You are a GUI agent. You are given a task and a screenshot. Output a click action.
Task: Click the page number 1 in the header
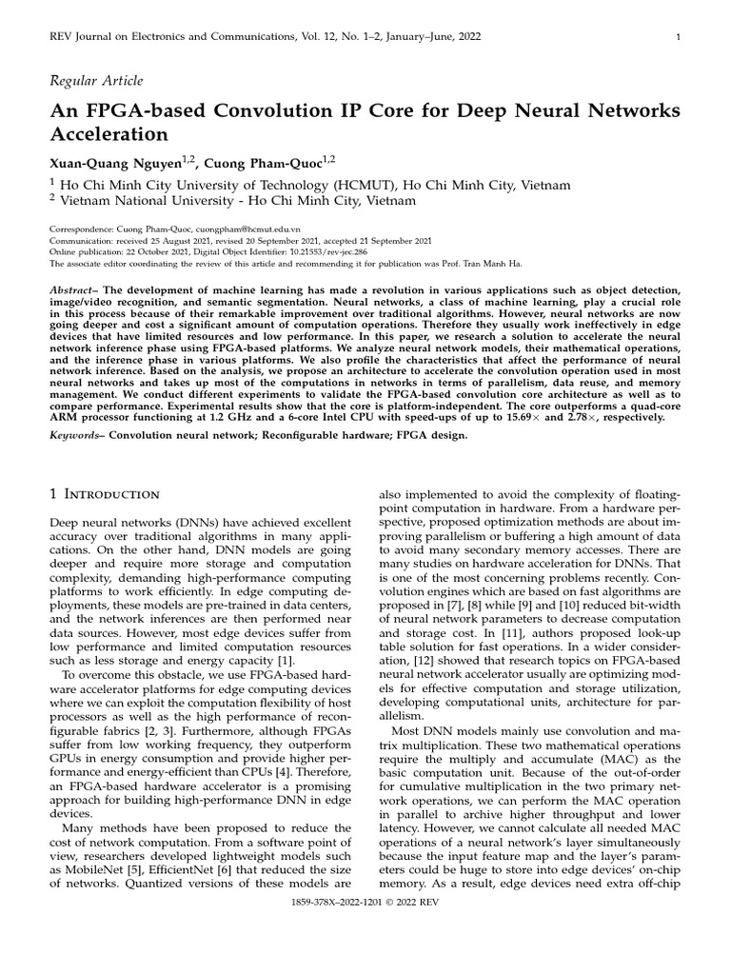tap(677, 37)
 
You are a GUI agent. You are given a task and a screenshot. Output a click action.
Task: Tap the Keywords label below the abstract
tap(77, 435)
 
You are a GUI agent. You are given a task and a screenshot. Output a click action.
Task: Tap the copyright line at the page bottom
tap(365, 948)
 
